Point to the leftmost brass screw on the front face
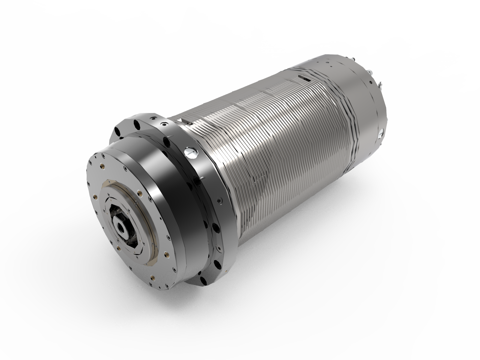coord(96,197)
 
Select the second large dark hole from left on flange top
coord(137,123)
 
